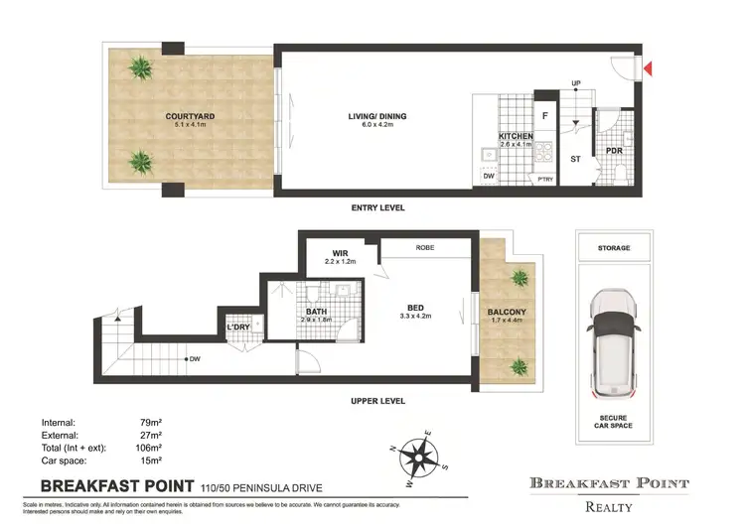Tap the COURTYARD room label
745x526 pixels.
click(x=190, y=116)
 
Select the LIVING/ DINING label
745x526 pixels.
click(x=377, y=116)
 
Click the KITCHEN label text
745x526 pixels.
click(x=516, y=136)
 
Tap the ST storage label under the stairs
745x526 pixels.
click(x=574, y=158)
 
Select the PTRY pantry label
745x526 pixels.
click(x=544, y=179)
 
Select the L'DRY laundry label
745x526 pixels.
click(x=238, y=328)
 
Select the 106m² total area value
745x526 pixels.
click(x=151, y=448)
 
